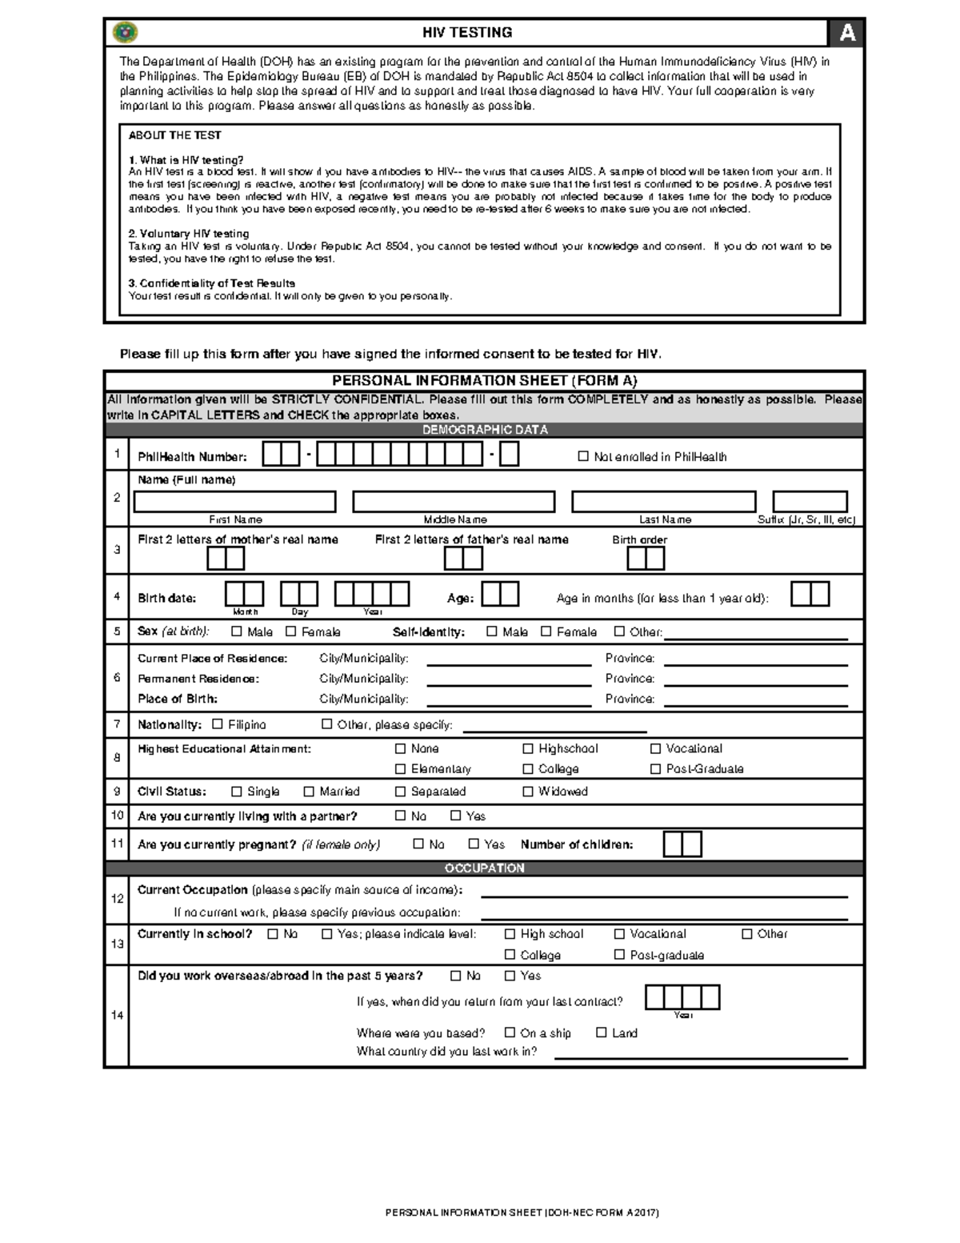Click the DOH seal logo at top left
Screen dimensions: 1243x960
click(126, 33)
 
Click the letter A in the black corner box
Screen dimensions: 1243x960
click(847, 34)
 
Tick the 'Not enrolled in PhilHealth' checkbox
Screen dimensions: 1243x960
click(583, 456)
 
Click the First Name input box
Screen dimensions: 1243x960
click(235, 502)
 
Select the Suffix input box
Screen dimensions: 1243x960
click(810, 502)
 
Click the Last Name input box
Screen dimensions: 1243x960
click(663, 502)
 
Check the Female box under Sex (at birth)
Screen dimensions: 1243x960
click(291, 632)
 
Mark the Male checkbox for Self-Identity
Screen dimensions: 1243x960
click(492, 632)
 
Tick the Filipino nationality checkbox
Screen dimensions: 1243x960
click(218, 724)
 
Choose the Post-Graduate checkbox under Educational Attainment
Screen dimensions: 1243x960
click(656, 769)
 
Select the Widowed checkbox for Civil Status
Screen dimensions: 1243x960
click(528, 792)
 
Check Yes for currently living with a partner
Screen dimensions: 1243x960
click(456, 816)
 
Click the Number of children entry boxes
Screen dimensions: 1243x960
click(682, 844)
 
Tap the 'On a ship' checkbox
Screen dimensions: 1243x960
click(510, 1032)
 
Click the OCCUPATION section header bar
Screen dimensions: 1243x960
click(485, 868)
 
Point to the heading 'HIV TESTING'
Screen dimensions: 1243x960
click(467, 33)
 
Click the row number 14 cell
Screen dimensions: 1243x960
click(117, 1015)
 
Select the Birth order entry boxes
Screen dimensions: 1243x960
click(646, 558)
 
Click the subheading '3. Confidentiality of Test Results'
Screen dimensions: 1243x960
click(212, 283)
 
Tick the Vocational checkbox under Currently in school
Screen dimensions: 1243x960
click(619, 934)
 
